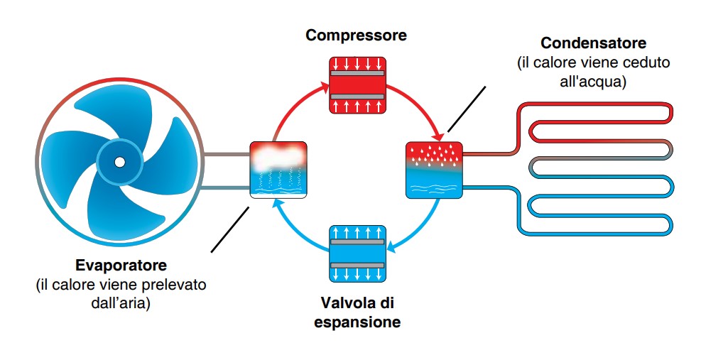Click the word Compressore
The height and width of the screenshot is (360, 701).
point(357,36)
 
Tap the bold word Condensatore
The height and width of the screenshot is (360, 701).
point(593,43)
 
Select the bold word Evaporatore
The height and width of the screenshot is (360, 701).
point(121,265)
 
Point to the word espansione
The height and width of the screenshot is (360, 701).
point(357,322)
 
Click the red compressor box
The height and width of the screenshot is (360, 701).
point(357,85)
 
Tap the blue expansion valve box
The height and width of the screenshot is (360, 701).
point(357,254)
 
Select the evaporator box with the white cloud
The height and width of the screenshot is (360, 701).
point(278,170)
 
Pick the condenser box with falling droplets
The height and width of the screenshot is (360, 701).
point(434,170)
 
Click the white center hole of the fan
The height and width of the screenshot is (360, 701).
point(119,162)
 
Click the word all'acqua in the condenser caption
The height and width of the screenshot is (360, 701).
point(592,82)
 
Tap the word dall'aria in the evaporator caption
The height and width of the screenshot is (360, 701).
point(120,302)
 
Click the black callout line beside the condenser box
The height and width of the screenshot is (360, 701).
point(467,109)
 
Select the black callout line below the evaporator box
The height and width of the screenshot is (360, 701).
point(230,229)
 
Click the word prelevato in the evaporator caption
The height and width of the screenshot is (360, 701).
point(172,285)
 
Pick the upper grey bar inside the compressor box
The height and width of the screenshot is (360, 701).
point(357,73)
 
